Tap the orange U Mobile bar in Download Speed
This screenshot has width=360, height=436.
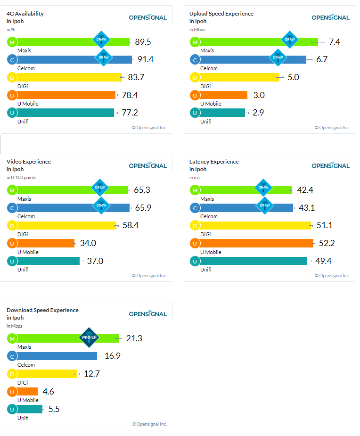click(x=27, y=391)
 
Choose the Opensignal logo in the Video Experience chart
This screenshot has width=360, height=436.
click(x=148, y=165)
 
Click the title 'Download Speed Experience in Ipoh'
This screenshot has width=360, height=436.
click(x=42, y=314)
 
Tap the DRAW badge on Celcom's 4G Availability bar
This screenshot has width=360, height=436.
click(x=104, y=58)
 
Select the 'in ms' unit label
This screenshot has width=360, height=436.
click(x=195, y=178)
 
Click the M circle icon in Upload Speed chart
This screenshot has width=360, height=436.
click(x=194, y=42)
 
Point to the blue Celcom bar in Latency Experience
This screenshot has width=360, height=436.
click(x=245, y=207)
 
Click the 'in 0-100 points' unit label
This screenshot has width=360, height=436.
click(x=21, y=178)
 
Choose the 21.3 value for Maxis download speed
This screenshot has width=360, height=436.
click(x=134, y=338)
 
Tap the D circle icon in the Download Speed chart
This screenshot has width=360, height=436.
click(x=11, y=374)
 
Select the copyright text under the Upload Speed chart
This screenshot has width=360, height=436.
click(x=332, y=127)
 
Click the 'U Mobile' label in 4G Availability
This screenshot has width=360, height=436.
click(x=28, y=104)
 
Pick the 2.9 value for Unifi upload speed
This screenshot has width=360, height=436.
click(x=258, y=113)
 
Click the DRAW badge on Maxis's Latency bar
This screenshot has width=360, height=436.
click(x=263, y=188)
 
